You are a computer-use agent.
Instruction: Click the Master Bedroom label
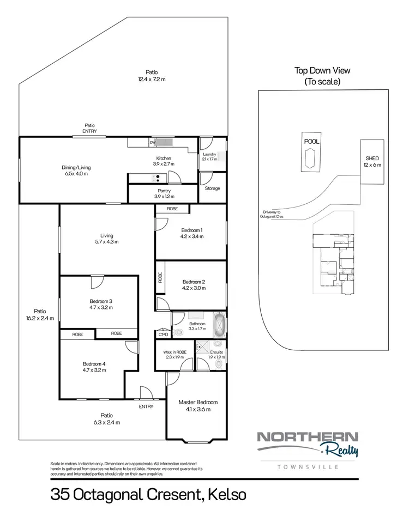[x=194, y=403]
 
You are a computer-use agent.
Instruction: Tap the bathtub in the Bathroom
[x=219, y=326]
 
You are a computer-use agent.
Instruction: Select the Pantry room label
[x=163, y=191]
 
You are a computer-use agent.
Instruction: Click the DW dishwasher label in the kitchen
[x=153, y=143]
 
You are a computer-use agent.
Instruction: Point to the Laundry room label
[x=209, y=155]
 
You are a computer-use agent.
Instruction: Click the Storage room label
[x=212, y=188]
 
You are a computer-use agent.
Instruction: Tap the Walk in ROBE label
[x=175, y=352]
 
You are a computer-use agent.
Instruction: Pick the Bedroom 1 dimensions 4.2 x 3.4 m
[x=192, y=237]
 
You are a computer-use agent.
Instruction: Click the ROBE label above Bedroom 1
[x=172, y=209]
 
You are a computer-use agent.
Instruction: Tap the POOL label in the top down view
[x=311, y=141]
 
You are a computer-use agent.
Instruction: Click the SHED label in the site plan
[x=372, y=159]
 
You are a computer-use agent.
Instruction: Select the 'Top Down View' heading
[x=322, y=70]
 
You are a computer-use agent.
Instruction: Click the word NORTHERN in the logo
[x=307, y=437]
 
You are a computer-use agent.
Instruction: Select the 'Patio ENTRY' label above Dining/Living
[x=89, y=128]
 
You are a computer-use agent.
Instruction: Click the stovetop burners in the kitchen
[x=158, y=177]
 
